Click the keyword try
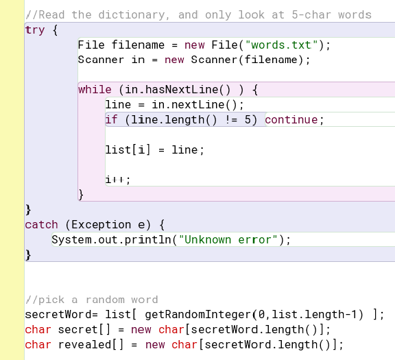(x=35, y=30)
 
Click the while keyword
(x=95, y=90)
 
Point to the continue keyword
(x=291, y=120)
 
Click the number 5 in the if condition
(x=248, y=120)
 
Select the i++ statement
(x=118, y=180)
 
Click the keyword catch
(x=42, y=224)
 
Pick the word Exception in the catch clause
(x=101, y=224)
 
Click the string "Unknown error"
(x=228, y=239)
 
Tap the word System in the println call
(x=71, y=239)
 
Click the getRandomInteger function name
(x=198, y=315)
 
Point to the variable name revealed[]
(x=91, y=344)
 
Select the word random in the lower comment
(x=105, y=300)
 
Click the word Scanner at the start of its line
(x=101, y=60)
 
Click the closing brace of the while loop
(x=81, y=195)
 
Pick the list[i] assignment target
(x=128, y=149)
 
